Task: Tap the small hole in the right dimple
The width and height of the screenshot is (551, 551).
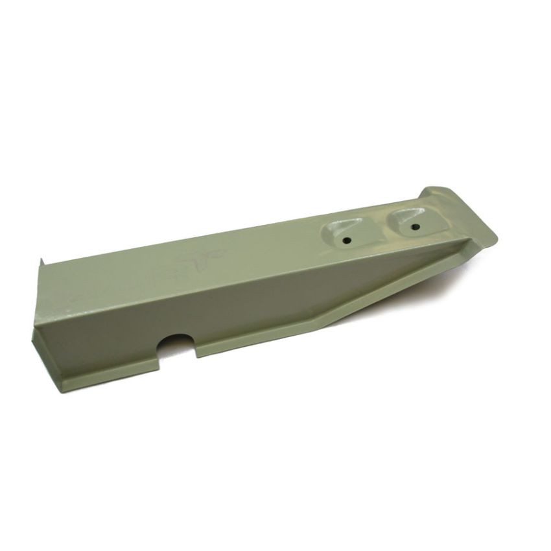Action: point(414,227)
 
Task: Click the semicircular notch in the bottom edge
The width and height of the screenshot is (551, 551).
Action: point(176,344)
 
